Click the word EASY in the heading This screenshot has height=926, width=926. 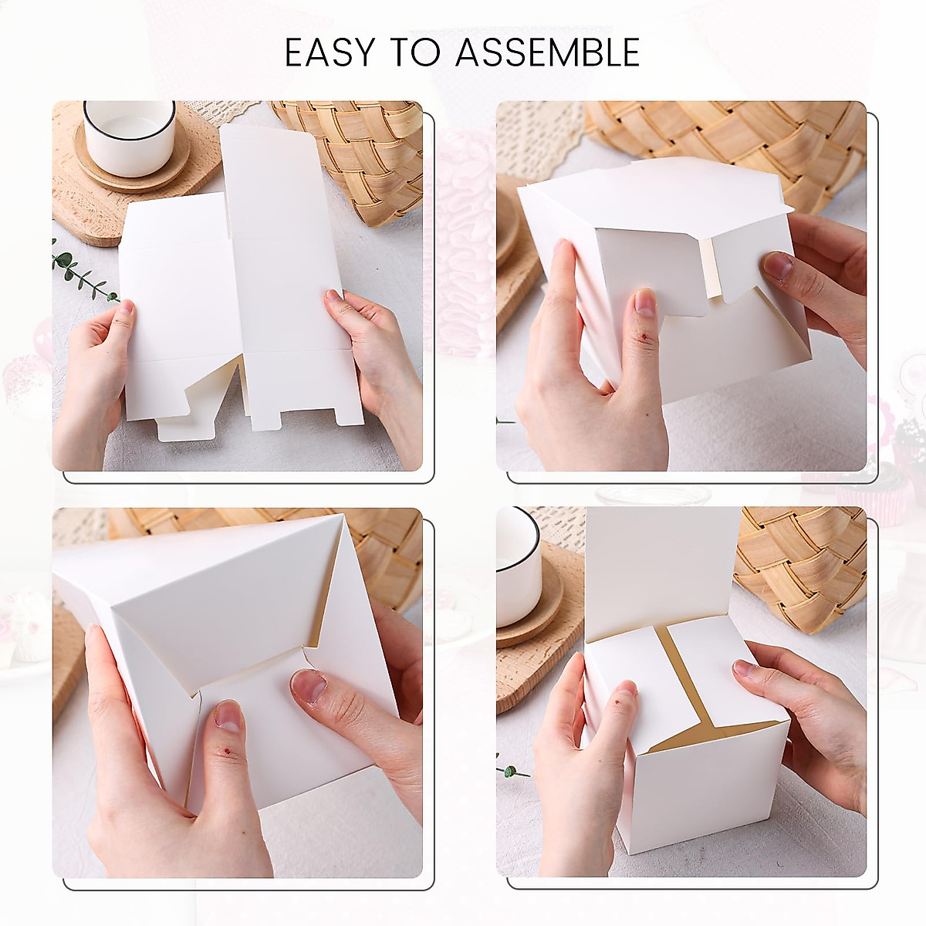pos(330,53)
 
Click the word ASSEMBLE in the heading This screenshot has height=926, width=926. pos(547,53)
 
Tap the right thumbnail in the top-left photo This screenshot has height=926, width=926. pos(333,296)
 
